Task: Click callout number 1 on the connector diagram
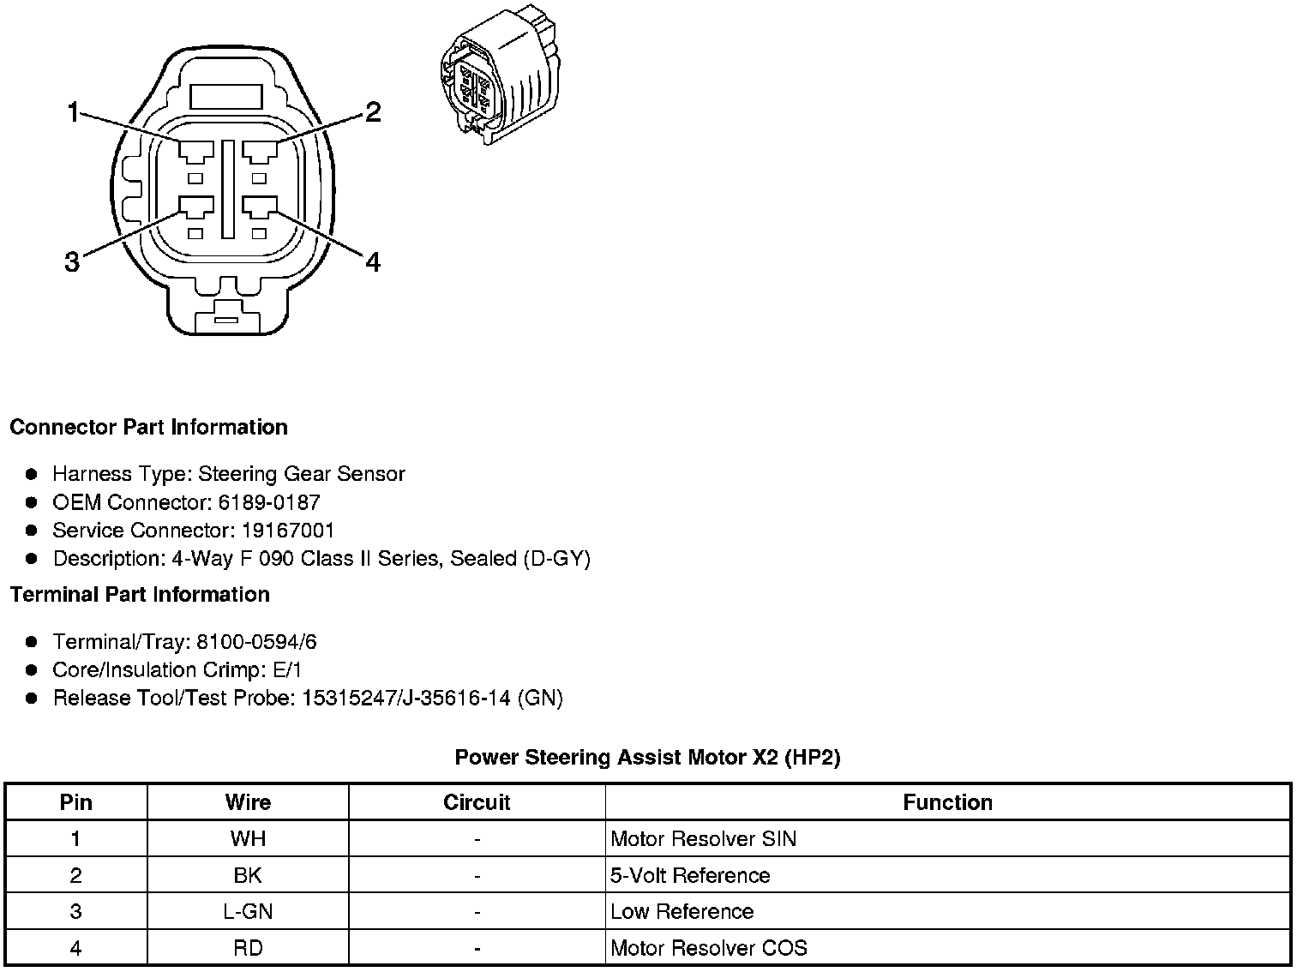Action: (x=74, y=112)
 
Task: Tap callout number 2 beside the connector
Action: (x=372, y=112)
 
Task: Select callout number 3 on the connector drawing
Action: (x=72, y=261)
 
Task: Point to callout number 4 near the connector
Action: (x=372, y=261)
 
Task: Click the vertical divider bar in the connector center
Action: (x=227, y=189)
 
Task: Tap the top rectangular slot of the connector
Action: (x=226, y=95)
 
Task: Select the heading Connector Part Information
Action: (x=148, y=427)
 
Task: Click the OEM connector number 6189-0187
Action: (x=268, y=502)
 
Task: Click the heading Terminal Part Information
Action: (x=140, y=594)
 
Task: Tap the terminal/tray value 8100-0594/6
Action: (x=256, y=642)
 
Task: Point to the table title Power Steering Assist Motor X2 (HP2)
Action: (x=647, y=757)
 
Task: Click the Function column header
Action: (x=947, y=802)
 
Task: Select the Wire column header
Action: (x=248, y=802)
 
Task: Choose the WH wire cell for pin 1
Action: (x=248, y=838)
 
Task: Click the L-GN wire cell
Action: (x=248, y=911)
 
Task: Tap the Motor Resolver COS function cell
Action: (x=708, y=948)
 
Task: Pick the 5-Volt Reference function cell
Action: (x=689, y=875)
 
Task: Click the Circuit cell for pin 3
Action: (x=477, y=911)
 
